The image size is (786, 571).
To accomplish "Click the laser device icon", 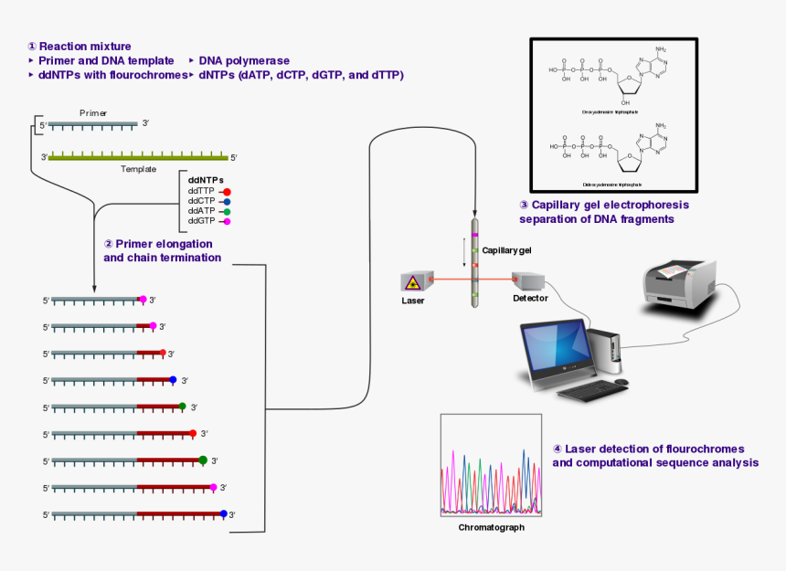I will [413, 281].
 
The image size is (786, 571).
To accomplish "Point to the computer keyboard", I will [587, 392].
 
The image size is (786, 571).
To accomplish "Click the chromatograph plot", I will [491, 467].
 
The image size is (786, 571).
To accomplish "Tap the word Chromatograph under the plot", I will [491, 527].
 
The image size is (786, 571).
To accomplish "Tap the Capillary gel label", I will [506, 249].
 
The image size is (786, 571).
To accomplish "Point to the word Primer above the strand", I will [92, 112].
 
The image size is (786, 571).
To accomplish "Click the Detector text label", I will [530, 299].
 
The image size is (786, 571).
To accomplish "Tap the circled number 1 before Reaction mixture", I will [32, 47].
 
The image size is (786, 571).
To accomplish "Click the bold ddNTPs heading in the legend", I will [206, 179].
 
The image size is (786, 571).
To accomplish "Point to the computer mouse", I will [621, 381].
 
